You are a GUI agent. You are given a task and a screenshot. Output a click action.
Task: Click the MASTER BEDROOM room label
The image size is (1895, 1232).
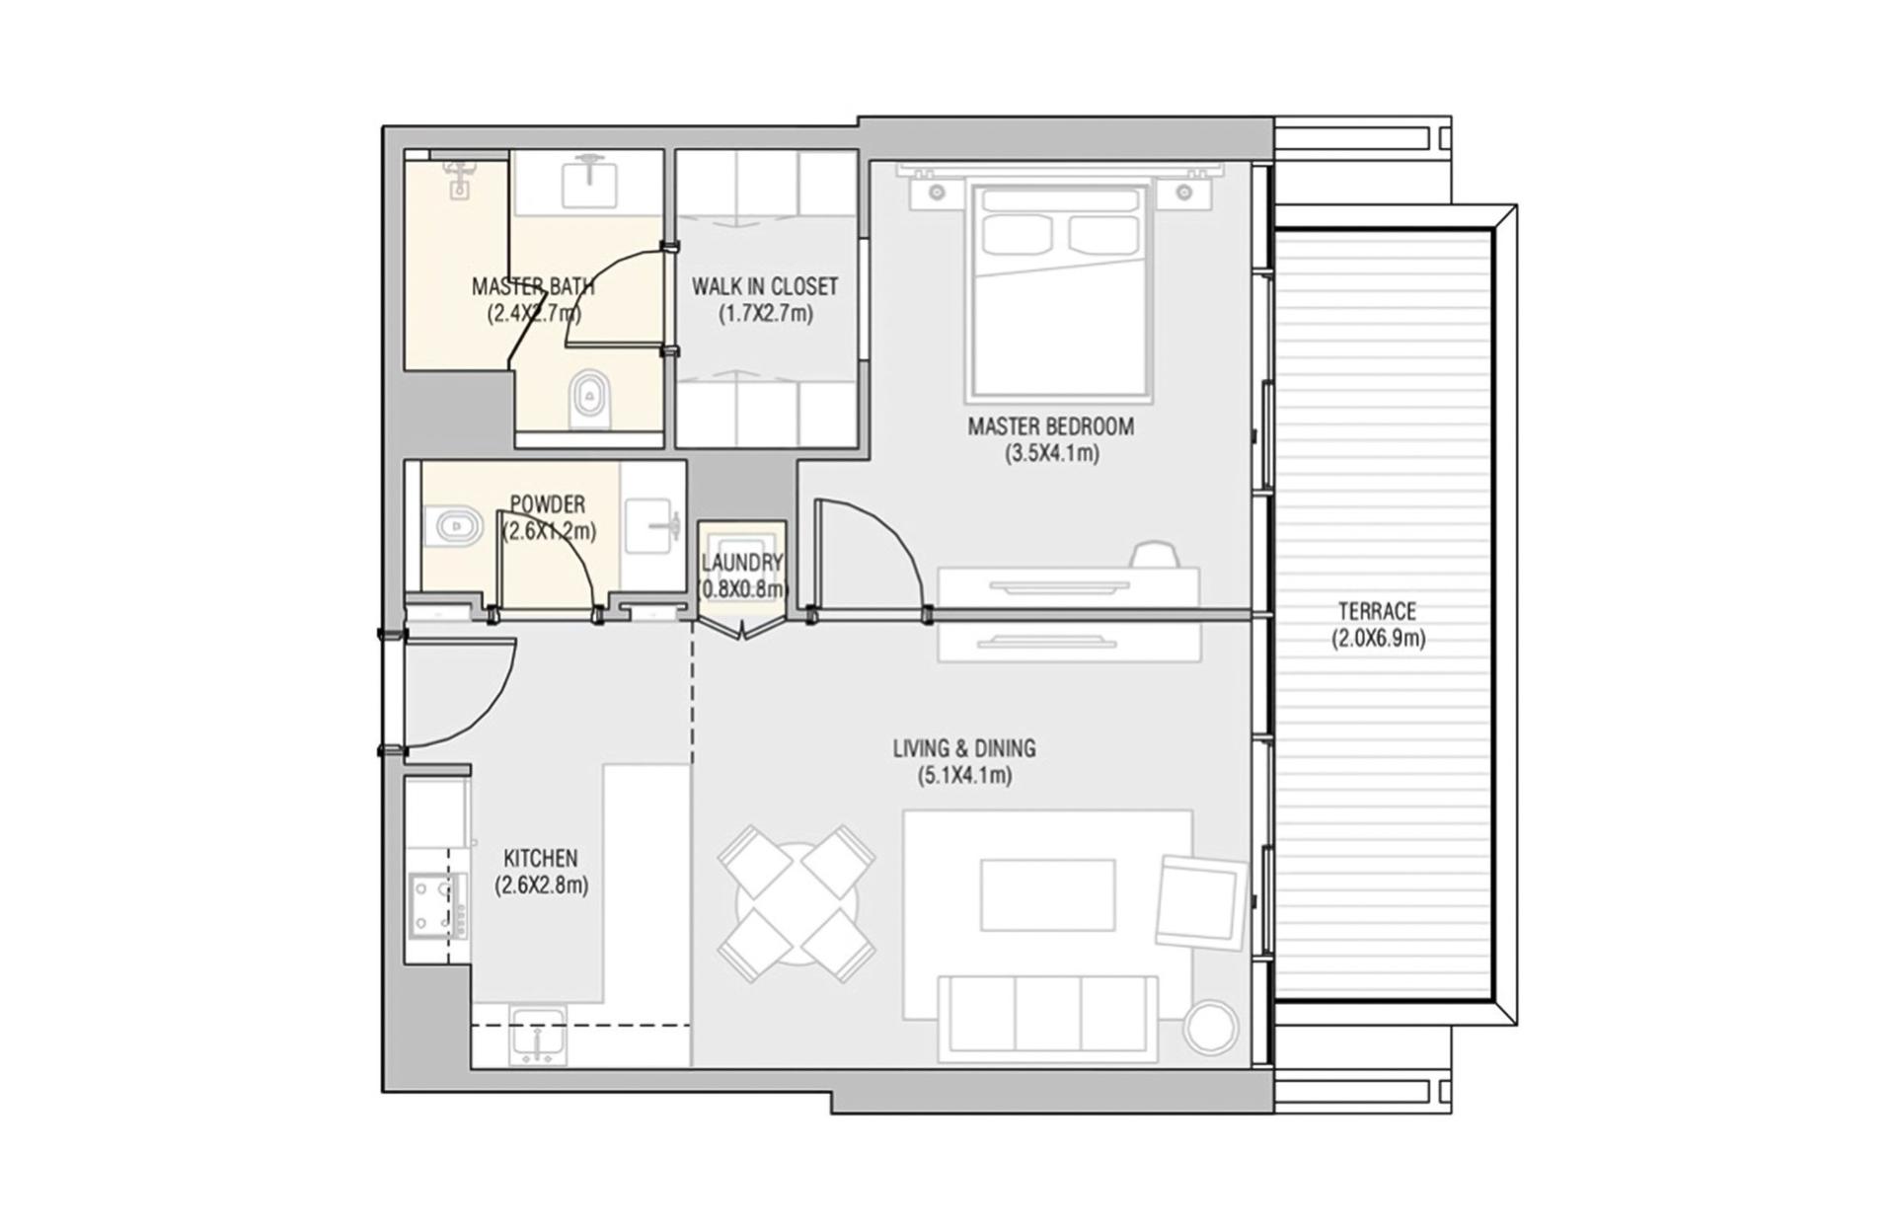click(x=1050, y=426)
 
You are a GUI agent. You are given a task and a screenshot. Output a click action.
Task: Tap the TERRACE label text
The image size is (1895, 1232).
click(x=1377, y=611)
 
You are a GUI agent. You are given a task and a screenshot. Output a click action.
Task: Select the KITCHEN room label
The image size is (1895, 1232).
click(x=541, y=858)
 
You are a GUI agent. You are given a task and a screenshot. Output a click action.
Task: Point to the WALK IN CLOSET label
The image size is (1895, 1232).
click(x=765, y=286)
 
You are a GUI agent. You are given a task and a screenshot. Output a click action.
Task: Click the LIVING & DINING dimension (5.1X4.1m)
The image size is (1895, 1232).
click(x=964, y=775)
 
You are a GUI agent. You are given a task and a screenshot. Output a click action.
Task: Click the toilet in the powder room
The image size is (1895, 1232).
click(x=452, y=526)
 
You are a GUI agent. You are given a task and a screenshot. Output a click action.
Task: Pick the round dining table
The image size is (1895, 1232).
click(x=796, y=904)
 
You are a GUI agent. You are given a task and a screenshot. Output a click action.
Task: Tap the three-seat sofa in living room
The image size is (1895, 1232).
click(x=1047, y=1015)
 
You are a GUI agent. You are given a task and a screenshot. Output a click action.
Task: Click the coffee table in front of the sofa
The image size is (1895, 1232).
click(x=1047, y=894)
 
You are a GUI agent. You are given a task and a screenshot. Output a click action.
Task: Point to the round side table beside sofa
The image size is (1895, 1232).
click(x=1210, y=1029)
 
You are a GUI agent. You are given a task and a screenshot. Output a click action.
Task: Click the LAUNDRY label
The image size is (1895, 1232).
click(x=742, y=563)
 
